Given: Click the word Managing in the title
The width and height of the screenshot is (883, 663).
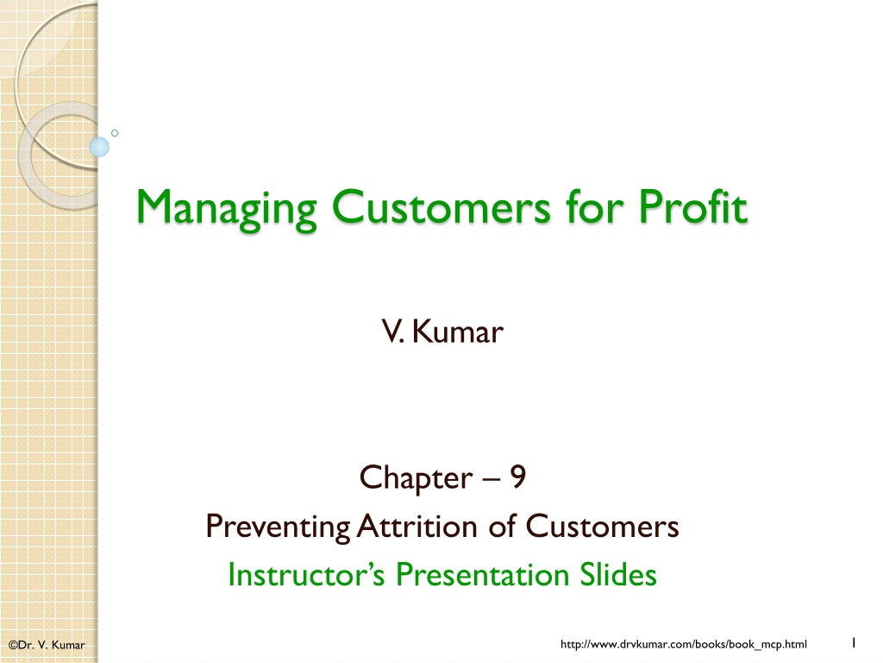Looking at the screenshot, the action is coord(227,209).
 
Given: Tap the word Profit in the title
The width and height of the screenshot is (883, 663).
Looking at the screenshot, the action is coord(692,206).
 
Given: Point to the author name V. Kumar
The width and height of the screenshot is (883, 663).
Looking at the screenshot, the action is coord(442,331).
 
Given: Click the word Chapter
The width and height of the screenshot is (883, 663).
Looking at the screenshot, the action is coord(416,479).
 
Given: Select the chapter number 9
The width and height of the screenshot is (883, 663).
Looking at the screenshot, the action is coord(518,477).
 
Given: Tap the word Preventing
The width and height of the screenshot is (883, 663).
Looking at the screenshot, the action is coord(279,527).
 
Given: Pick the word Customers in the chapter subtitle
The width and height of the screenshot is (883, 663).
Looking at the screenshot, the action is coord(602,526).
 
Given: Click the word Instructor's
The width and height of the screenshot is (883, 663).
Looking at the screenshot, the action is coord(306,574).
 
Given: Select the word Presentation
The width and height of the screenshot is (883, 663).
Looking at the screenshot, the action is coord(483,574).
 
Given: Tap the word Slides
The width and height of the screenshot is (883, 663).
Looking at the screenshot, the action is coord(618,574).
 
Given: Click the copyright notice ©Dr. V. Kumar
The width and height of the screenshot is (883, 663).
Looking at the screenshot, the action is coord(47,645).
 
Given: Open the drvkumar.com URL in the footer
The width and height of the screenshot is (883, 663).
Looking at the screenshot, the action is coord(684,644).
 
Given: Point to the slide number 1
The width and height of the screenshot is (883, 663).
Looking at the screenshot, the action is coord(854,642).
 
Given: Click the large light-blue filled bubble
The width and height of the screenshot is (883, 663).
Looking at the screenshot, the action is coord(99,147).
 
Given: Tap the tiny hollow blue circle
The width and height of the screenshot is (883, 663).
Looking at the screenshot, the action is coord(115,133).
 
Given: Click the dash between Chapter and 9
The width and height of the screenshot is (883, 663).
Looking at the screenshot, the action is coord(491,479).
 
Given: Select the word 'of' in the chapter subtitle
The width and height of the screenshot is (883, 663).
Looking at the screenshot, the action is coord(502,526).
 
